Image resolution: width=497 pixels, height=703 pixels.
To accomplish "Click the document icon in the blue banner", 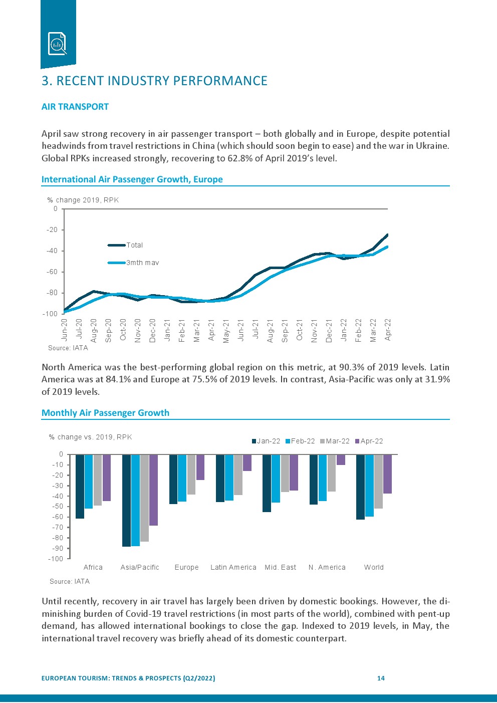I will (x=57, y=44).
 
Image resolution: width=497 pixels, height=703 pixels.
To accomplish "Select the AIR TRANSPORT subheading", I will (x=75, y=107).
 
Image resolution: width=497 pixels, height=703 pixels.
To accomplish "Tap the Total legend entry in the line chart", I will (x=134, y=245).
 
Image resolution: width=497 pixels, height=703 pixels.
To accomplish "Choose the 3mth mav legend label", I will (x=142, y=263).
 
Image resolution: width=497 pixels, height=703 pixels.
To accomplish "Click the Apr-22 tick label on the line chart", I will (x=387, y=330).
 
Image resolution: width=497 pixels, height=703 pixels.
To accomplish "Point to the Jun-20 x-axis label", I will (x=64, y=330).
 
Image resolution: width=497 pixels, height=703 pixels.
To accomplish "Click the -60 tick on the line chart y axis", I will (x=52, y=272).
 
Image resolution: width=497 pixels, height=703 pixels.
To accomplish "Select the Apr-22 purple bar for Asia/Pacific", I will (x=153, y=490).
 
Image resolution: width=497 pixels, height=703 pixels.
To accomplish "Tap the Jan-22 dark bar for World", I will (x=360, y=487).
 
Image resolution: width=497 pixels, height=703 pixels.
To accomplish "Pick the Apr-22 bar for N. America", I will (x=341, y=459).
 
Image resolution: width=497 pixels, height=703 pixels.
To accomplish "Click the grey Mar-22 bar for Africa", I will (x=98, y=480).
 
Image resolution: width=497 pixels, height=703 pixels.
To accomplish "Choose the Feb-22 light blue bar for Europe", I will (x=182, y=478).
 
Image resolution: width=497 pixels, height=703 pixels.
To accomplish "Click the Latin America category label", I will (x=233, y=567).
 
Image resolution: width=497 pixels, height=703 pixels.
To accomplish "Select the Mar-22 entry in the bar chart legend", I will (x=337, y=441).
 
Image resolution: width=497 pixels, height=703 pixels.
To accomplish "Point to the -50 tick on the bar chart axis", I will (x=58, y=507).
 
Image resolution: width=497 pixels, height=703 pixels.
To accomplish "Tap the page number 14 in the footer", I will (x=381, y=678).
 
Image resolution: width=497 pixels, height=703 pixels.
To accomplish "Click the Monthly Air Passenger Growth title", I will (x=105, y=413).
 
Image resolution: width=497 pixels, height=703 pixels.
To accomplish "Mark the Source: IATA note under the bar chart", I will (x=70, y=581).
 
